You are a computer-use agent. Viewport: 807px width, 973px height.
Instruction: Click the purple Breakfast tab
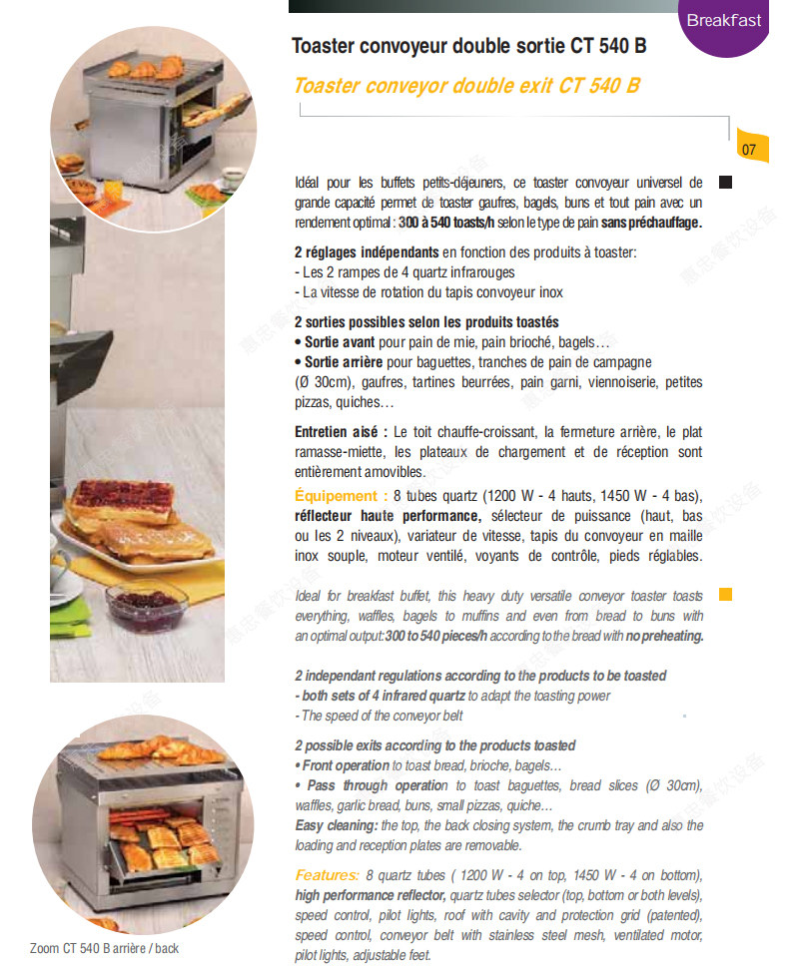[x=724, y=21]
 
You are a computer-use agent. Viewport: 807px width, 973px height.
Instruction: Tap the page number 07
[x=749, y=150]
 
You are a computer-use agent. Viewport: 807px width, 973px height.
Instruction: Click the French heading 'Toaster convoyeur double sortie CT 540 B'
[x=468, y=46]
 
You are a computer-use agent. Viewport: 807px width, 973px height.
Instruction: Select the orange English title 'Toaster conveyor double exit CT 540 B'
[x=466, y=86]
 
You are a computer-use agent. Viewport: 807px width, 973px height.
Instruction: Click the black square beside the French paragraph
[x=726, y=182]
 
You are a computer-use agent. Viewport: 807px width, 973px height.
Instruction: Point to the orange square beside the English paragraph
[x=726, y=595]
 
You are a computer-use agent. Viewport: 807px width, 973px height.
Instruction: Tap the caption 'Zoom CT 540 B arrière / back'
[x=104, y=948]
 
